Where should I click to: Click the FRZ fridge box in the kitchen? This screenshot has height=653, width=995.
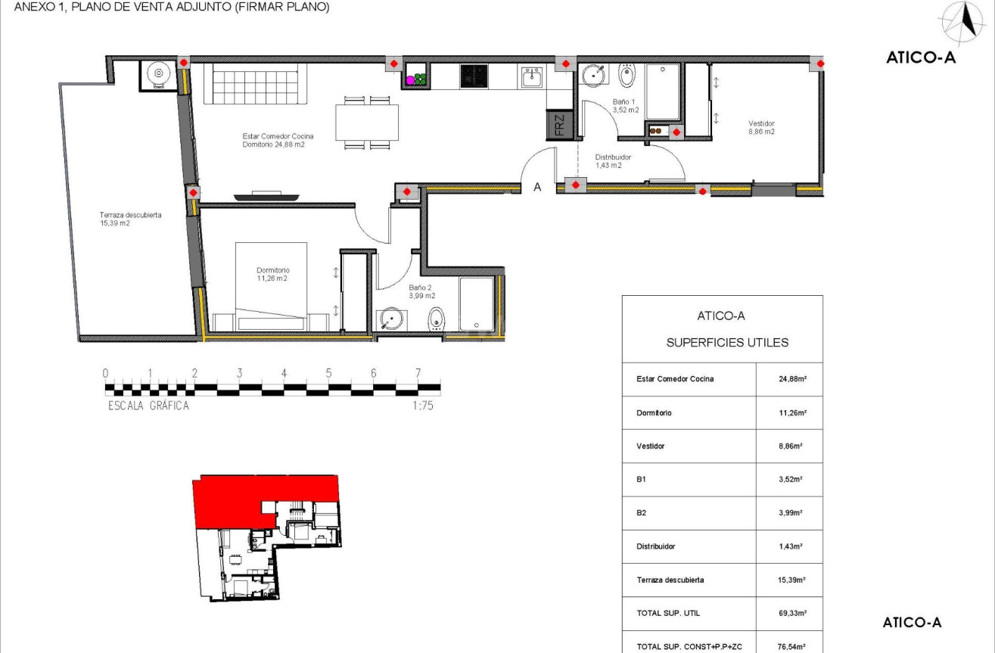click(x=558, y=125)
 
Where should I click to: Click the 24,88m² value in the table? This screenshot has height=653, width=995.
click(x=789, y=379)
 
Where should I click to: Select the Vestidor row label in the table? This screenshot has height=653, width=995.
click(x=651, y=446)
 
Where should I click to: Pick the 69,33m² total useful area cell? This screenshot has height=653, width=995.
click(x=789, y=614)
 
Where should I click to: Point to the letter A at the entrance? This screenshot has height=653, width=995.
click(x=537, y=187)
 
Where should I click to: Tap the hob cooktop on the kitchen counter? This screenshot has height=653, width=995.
click(x=474, y=76)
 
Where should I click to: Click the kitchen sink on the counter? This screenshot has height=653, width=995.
click(x=530, y=76)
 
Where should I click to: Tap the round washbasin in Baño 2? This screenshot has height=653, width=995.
click(x=390, y=319)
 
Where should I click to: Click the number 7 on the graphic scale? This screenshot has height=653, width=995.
click(x=418, y=373)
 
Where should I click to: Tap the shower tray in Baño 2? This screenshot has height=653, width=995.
click(x=477, y=304)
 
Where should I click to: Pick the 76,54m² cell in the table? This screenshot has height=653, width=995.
click(x=789, y=646)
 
